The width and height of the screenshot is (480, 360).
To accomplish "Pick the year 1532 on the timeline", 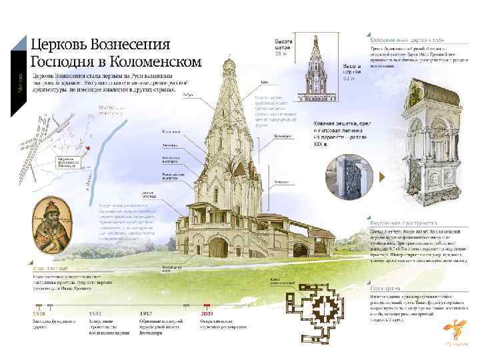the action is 96,313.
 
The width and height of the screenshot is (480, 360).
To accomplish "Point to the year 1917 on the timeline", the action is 147,313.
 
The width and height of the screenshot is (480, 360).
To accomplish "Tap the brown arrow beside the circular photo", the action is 381,177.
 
